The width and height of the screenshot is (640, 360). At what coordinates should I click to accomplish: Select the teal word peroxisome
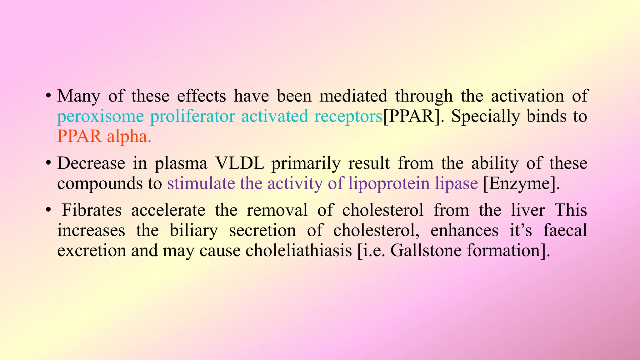click(100, 117)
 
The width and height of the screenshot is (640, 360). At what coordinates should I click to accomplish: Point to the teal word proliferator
click(192, 117)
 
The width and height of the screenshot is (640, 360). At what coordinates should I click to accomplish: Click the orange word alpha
click(129, 137)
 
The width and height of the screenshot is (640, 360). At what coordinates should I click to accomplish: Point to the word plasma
click(181, 164)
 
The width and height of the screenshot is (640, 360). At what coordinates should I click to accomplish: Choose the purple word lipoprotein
click(389, 184)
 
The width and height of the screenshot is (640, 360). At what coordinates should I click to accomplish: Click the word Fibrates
click(92, 210)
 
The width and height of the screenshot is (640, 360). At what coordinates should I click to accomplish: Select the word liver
click(528, 210)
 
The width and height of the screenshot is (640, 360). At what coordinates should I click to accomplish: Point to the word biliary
click(194, 231)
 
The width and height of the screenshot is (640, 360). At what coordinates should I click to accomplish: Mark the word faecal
click(565, 230)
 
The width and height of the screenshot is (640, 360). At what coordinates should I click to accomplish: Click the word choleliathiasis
click(298, 251)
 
